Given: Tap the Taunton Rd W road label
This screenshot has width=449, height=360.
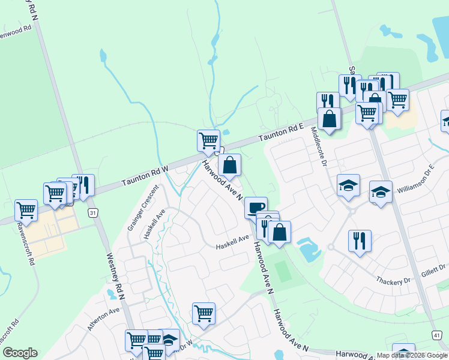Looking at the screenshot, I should [x=145, y=176].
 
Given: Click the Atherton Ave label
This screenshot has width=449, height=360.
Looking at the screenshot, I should [x=103, y=319].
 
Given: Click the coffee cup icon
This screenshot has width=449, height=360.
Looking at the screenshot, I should [x=256, y=207].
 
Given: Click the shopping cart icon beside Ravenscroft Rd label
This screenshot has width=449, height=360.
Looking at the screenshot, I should [x=26, y=210].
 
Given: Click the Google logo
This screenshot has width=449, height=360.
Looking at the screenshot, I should [x=20, y=353].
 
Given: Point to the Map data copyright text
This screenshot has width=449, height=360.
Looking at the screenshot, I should [x=412, y=355].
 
